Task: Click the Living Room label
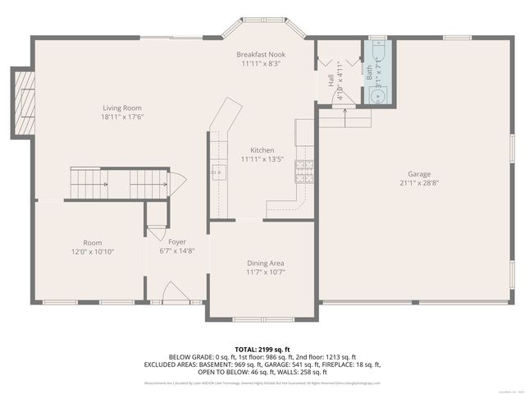pyautogui.click(x=122, y=108)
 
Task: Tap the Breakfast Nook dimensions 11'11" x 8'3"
pyautogui.click(x=262, y=63)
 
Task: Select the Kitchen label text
pyautogui.click(x=262, y=150)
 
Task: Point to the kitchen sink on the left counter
pyautogui.click(x=219, y=172)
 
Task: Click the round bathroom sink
pyautogui.click(x=378, y=96)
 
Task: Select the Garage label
pyautogui.click(x=420, y=174)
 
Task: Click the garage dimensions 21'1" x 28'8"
pyautogui.click(x=420, y=184)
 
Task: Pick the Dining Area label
pyautogui.click(x=266, y=263)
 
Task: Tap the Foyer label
pyautogui.click(x=177, y=242)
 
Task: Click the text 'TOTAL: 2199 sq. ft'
pyautogui.click(x=262, y=349)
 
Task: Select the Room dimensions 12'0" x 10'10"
pyautogui.click(x=92, y=252)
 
